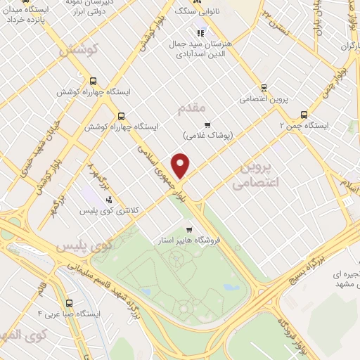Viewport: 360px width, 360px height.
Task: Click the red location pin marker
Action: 181,166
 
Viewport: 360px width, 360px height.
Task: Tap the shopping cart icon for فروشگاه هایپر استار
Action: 188,229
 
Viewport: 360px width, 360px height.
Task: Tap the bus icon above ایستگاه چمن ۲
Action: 304,114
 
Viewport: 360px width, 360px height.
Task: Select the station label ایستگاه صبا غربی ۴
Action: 69,313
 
